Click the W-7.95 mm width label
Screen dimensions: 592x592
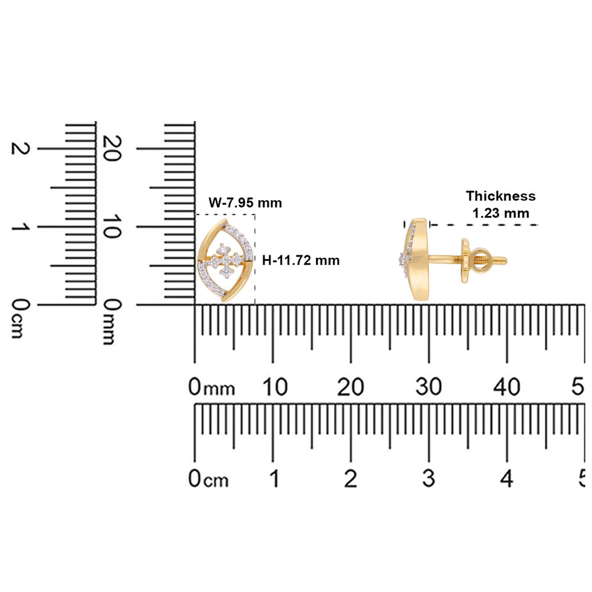[245, 203]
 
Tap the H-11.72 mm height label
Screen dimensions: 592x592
[301, 260]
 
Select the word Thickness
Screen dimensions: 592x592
[500, 196]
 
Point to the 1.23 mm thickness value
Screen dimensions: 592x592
[500, 214]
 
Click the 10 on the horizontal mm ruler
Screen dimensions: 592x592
[275, 387]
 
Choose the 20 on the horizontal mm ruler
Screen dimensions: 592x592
[351, 387]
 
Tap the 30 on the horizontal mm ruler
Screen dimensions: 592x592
[429, 387]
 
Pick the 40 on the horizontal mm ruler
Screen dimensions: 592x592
[506, 387]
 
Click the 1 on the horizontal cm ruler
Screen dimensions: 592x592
[275, 479]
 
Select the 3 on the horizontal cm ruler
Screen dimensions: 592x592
[429, 479]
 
